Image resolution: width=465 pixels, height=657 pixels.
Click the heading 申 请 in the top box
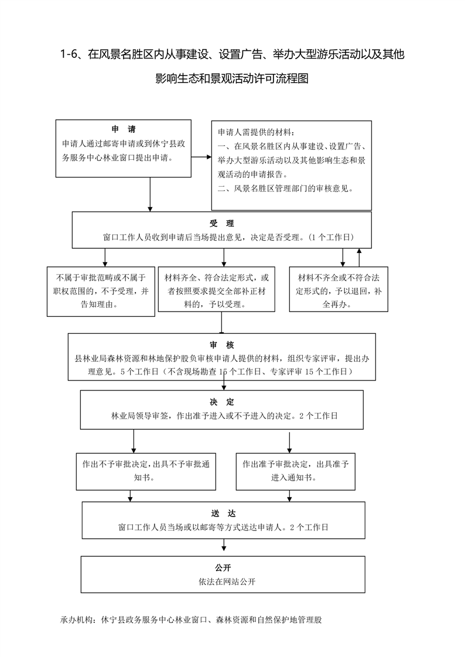[124, 129]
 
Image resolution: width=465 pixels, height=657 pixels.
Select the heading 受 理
[221, 223]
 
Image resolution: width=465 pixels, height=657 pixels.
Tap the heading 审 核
[221, 345]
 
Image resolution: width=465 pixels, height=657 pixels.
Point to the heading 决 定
[221, 402]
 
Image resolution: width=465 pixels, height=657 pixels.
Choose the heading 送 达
[223, 514]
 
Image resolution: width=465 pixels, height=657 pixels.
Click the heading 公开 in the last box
[223, 568]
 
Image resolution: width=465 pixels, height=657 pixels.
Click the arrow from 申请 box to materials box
[201, 157]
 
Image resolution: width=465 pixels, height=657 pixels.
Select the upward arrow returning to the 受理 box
[359, 257]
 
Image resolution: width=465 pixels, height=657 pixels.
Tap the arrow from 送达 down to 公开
[224, 545]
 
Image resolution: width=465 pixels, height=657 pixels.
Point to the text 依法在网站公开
[227, 581]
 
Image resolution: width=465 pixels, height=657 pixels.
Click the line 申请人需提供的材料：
[256, 132]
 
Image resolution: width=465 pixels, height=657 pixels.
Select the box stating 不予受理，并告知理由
[101, 291]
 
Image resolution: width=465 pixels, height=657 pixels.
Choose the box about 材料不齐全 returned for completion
[339, 289]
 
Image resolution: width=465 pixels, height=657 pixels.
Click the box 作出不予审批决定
[146, 471]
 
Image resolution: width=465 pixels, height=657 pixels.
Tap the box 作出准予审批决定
[295, 471]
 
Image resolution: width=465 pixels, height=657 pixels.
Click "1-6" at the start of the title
[69, 54]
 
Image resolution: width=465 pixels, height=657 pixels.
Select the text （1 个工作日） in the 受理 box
[331, 237]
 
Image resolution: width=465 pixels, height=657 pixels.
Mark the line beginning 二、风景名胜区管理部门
[286, 189]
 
